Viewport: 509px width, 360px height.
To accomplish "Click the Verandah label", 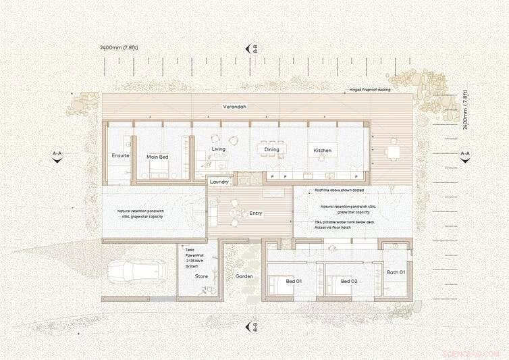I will (x=235, y=107).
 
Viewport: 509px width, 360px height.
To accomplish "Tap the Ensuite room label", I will (x=120, y=156).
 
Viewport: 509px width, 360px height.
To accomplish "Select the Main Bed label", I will (x=157, y=157).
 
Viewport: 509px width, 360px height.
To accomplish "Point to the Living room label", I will (x=218, y=149).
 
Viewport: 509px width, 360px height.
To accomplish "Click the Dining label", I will (x=271, y=150).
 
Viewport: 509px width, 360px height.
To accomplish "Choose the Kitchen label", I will (x=321, y=150).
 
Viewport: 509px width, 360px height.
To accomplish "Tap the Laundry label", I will (x=219, y=182).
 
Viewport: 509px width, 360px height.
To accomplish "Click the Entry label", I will (x=255, y=213).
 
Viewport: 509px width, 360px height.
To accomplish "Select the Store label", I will (x=201, y=276).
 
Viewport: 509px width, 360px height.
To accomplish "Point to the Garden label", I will (x=243, y=277).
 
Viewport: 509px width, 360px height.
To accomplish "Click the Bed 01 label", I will (x=294, y=281).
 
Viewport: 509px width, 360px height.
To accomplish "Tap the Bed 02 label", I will (x=348, y=281).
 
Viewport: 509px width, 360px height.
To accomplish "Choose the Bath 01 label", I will (x=396, y=272).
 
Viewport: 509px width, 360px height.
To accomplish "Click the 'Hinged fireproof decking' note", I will (x=369, y=89).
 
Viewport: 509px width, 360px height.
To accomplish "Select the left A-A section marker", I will (x=57, y=155).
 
